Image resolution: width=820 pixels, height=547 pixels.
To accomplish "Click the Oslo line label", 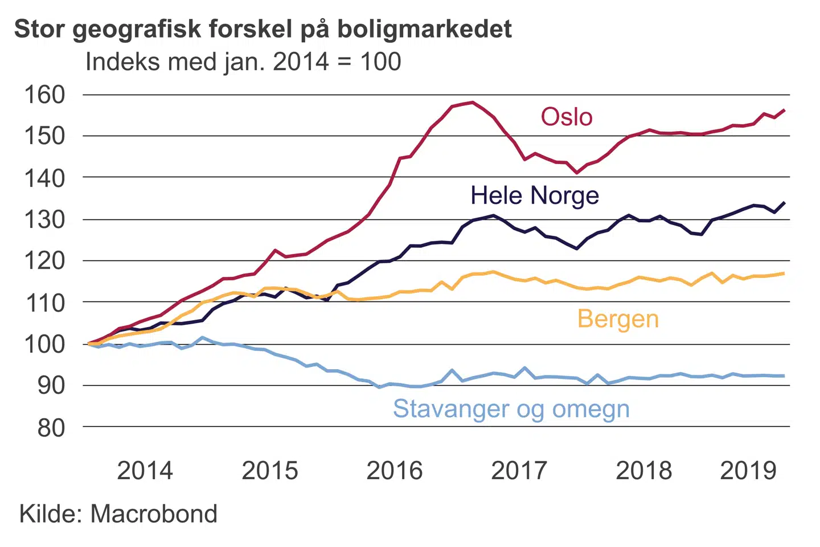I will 567,117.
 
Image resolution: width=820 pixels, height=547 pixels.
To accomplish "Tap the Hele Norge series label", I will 534,195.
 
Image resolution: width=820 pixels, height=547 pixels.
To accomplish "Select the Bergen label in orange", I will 618,319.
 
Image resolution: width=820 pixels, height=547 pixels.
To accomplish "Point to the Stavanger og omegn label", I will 511,409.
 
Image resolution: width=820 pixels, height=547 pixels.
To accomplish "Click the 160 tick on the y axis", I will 44,95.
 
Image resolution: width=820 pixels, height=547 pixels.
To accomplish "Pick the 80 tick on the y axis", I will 51,427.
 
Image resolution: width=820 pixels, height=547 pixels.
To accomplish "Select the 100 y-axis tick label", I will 44,344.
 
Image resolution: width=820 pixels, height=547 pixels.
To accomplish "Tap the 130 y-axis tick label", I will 44,219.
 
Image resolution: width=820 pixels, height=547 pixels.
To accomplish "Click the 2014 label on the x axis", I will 145,471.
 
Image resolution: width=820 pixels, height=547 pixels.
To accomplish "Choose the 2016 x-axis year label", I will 394,471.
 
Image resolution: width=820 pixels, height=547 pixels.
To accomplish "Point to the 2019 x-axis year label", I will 748,471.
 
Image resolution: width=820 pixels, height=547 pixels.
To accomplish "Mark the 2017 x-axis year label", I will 519,471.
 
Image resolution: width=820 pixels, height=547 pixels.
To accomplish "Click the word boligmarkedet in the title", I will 425,29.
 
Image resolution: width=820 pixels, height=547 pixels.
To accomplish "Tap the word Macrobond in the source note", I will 154,514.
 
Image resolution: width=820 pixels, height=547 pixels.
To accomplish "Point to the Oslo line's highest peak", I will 472,103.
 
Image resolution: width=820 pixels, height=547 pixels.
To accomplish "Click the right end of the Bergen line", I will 784,273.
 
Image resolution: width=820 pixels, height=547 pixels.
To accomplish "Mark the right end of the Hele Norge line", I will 784,203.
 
